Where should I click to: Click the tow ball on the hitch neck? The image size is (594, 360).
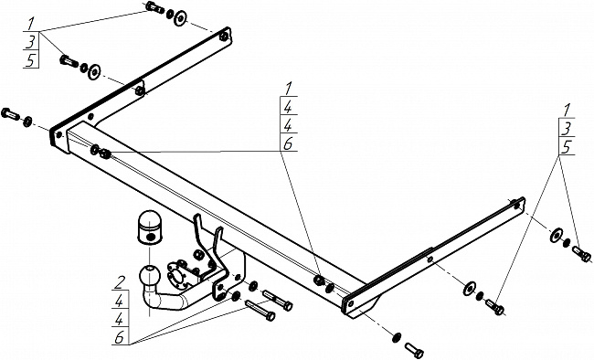pos(150,276)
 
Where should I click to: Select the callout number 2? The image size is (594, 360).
pos(121,282)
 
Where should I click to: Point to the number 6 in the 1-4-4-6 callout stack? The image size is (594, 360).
pos(288,144)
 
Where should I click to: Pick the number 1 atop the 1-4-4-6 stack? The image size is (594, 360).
pos(288,89)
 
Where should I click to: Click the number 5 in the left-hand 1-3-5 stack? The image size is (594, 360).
pos(31,60)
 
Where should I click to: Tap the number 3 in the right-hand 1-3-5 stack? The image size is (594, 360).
pos(566,129)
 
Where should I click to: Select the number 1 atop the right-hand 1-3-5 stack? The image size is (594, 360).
pos(566,111)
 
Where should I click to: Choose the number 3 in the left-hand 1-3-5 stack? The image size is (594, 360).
pos(31,42)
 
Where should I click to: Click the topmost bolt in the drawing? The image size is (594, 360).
pos(154,7)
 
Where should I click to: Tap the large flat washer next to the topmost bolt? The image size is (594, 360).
pos(180,18)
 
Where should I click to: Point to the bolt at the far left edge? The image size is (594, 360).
pos(11,113)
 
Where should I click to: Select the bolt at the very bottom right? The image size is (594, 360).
pos(414,350)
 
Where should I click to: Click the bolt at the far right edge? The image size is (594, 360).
pos(581,254)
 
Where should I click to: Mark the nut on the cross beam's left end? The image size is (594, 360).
pos(104,154)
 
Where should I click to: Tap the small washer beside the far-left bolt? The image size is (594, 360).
pos(27,122)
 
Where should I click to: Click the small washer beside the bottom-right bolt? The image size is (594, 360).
pos(397,336)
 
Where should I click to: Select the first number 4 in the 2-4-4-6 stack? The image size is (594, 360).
pos(120,302)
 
